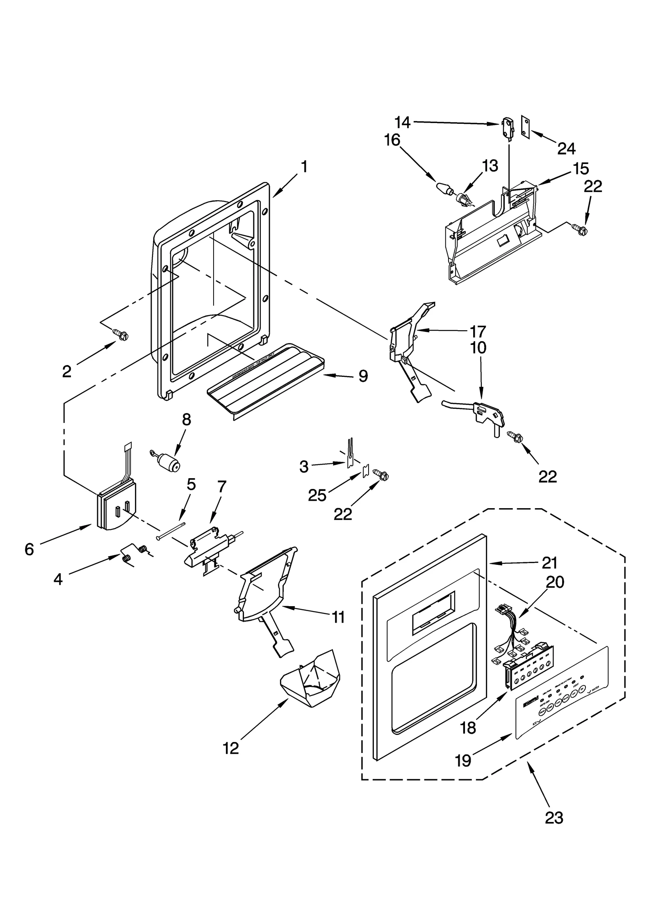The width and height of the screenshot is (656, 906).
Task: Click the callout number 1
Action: click(304, 167)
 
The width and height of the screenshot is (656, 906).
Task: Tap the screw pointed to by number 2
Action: click(121, 335)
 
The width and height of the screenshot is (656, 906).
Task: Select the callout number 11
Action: click(338, 629)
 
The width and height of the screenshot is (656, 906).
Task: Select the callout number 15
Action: click(581, 169)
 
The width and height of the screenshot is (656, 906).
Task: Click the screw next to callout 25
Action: click(381, 476)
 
